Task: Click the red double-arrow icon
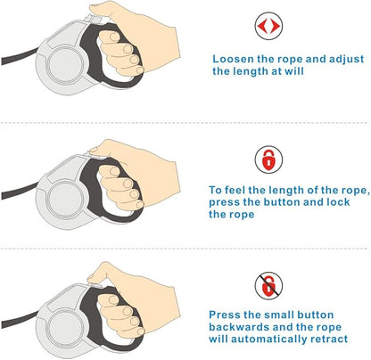click(x=268, y=26)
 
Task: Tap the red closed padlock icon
click(x=268, y=160)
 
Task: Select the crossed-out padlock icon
click(x=268, y=286)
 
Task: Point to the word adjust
click(x=346, y=60)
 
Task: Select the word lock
click(x=338, y=202)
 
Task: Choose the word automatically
click(x=269, y=339)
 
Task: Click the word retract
click(x=329, y=339)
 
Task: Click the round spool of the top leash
click(x=65, y=65)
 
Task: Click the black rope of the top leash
click(x=20, y=56)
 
